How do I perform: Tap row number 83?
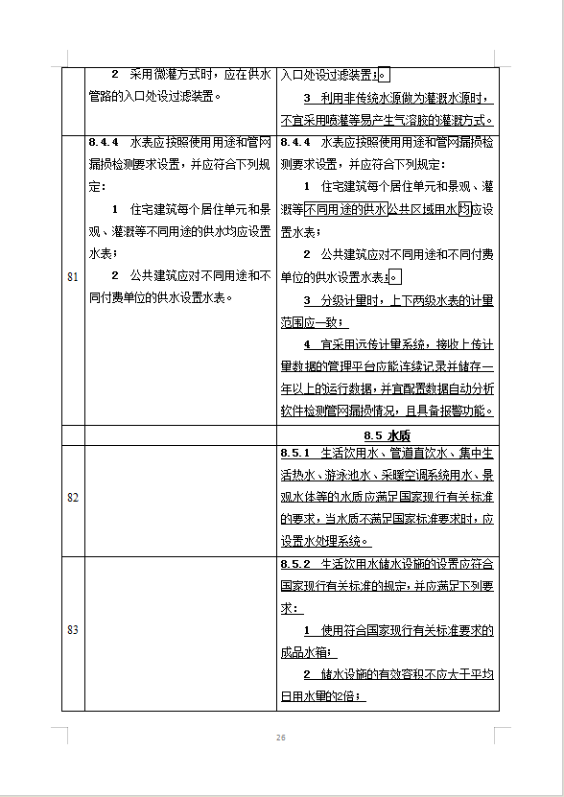click(x=73, y=629)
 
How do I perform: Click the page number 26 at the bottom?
click(x=281, y=738)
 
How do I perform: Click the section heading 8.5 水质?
click(x=388, y=434)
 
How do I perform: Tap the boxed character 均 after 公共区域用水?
click(x=464, y=208)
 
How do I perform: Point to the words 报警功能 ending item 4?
click(x=465, y=410)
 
